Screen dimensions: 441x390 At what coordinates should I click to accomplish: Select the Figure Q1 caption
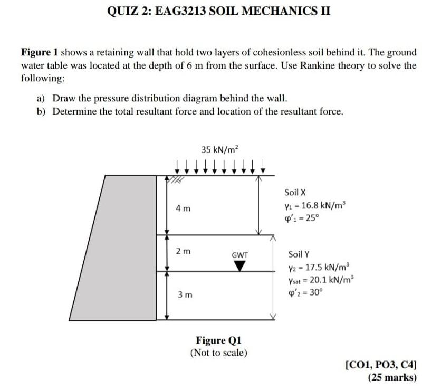[x=218, y=340]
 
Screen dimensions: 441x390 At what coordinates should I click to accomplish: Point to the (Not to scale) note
[x=218, y=352]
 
